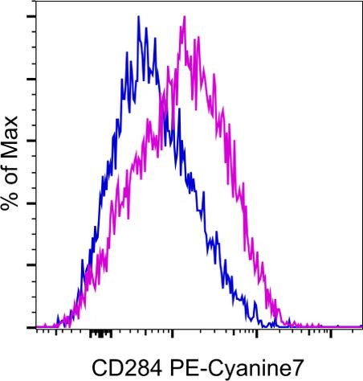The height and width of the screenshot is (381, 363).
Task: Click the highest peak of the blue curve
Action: [138, 17]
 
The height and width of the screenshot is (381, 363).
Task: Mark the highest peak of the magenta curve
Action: [183, 17]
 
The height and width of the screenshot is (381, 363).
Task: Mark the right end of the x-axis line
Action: [361, 327]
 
